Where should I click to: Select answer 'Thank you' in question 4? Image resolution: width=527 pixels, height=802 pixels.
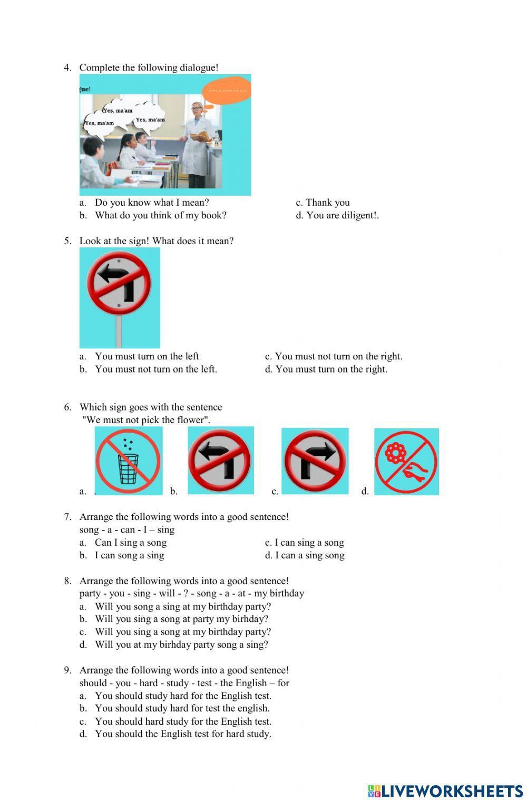coord(327,203)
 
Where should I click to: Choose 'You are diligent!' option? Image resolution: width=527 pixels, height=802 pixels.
coord(342,215)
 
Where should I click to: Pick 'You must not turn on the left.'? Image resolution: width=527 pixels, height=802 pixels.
coord(155,369)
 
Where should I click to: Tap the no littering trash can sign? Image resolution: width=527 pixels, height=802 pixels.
coord(128,461)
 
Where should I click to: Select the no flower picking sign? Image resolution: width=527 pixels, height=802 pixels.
coord(406,462)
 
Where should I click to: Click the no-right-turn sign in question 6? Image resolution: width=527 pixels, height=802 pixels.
coord(315,461)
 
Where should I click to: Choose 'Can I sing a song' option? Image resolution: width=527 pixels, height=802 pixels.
coord(130,543)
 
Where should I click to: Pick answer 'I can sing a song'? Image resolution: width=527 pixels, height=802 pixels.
coord(309,543)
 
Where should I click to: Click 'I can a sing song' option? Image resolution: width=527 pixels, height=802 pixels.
coord(309,555)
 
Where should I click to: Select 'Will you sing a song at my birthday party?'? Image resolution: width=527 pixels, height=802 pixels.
coord(182,631)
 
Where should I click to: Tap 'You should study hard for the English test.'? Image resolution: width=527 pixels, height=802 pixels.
coord(183,696)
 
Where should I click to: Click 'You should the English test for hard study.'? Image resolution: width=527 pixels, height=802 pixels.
coord(183,734)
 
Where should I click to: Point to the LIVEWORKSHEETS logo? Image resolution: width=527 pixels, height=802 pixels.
coord(445,791)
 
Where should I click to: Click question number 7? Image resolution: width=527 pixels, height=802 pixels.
coord(67,517)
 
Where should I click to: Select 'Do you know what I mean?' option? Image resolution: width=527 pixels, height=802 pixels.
coord(152,203)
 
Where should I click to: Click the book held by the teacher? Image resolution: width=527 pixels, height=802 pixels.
coord(200,137)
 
